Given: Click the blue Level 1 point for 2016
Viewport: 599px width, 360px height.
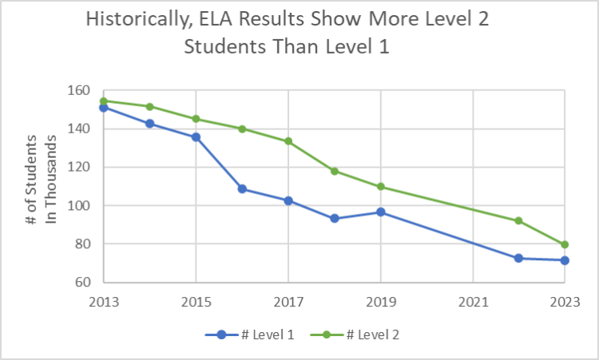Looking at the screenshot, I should point(242,189).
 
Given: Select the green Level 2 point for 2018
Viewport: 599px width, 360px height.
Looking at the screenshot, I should point(335,171).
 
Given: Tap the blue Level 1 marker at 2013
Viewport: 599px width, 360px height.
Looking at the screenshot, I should point(103,108).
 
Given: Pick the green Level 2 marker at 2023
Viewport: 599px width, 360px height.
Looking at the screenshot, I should point(565,244).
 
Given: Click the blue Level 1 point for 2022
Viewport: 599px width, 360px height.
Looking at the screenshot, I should point(518,258).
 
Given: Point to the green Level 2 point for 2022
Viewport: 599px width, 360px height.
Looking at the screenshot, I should point(518,220).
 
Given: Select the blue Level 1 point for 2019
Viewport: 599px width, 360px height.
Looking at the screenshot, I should point(381,212).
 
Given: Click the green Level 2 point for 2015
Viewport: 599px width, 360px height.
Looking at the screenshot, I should point(196,119).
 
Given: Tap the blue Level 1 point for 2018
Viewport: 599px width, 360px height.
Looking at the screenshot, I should point(335,218).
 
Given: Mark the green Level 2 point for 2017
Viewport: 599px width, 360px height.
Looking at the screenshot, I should point(288,141).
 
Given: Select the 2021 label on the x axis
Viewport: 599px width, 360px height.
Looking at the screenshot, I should point(474,303).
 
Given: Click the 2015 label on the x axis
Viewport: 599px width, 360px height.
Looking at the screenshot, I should point(196,303).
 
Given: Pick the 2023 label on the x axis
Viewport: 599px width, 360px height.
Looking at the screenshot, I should point(565,303).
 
